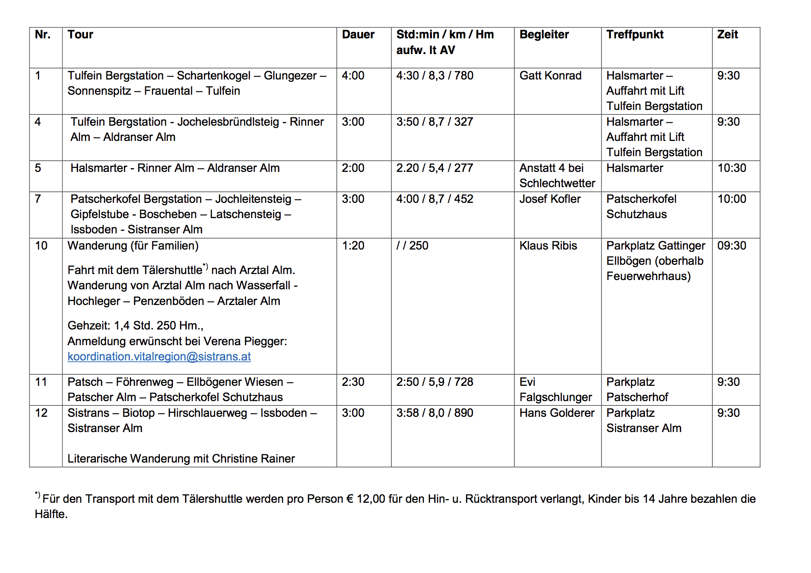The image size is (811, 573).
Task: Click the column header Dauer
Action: tap(358, 35)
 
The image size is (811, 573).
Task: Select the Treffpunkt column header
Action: tap(634, 35)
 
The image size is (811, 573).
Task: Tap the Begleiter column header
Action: tap(544, 35)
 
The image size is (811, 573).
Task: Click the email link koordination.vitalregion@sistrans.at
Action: tap(159, 357)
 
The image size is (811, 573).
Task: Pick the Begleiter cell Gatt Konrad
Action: tap(550, 76)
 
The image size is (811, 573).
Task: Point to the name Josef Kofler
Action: tap(550, 199)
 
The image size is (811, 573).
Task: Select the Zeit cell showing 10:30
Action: tap(731, 168)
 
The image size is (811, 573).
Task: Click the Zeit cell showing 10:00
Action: tap(731, 199)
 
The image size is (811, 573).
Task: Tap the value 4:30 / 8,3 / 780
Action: tap(435, 76)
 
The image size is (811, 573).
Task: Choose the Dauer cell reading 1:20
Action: tap(353, 246)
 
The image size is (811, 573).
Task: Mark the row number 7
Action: tap(38, 199)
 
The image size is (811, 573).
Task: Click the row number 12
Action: tap(41, 413)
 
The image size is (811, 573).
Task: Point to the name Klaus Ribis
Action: tap(548, 246)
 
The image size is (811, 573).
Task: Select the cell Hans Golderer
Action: tap(557, 413)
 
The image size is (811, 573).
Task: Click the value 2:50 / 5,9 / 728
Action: tap(435, 382)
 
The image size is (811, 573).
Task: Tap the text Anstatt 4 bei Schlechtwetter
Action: tap(557, 176)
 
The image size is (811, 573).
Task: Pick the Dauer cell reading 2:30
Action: tap(353, 382)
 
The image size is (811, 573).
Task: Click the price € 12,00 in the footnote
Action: tap(365, 499)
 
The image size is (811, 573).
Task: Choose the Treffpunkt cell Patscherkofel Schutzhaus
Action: tap(641, 207)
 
